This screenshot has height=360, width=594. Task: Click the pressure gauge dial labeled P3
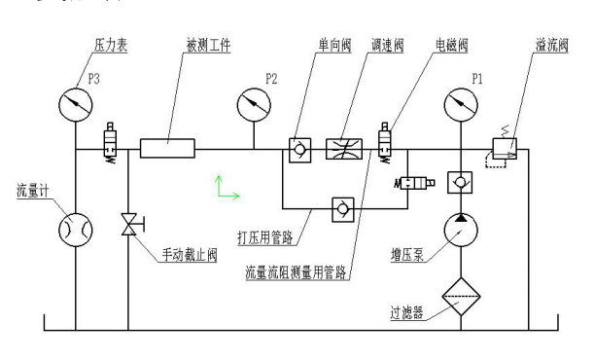[73, 100]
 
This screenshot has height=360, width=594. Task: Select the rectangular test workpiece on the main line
[167, 149]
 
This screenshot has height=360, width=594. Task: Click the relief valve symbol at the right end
[503, 149]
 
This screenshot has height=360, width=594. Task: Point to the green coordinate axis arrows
[227, 188]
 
